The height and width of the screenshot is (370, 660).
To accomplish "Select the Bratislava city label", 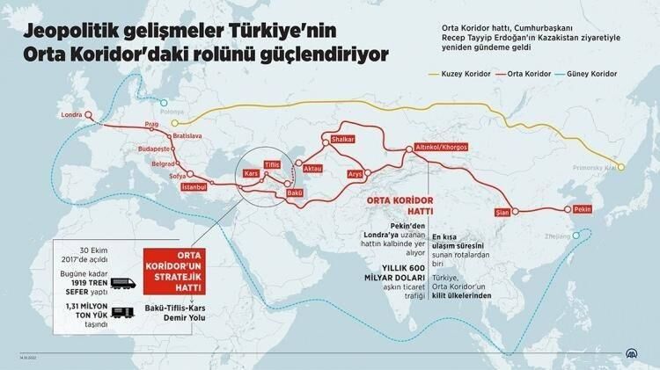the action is pos(187,137).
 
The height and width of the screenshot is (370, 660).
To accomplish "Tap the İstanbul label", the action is pos(193,187).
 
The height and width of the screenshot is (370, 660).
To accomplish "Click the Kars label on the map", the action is pos(252,165).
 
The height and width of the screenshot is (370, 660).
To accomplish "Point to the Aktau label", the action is pos(314,165).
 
